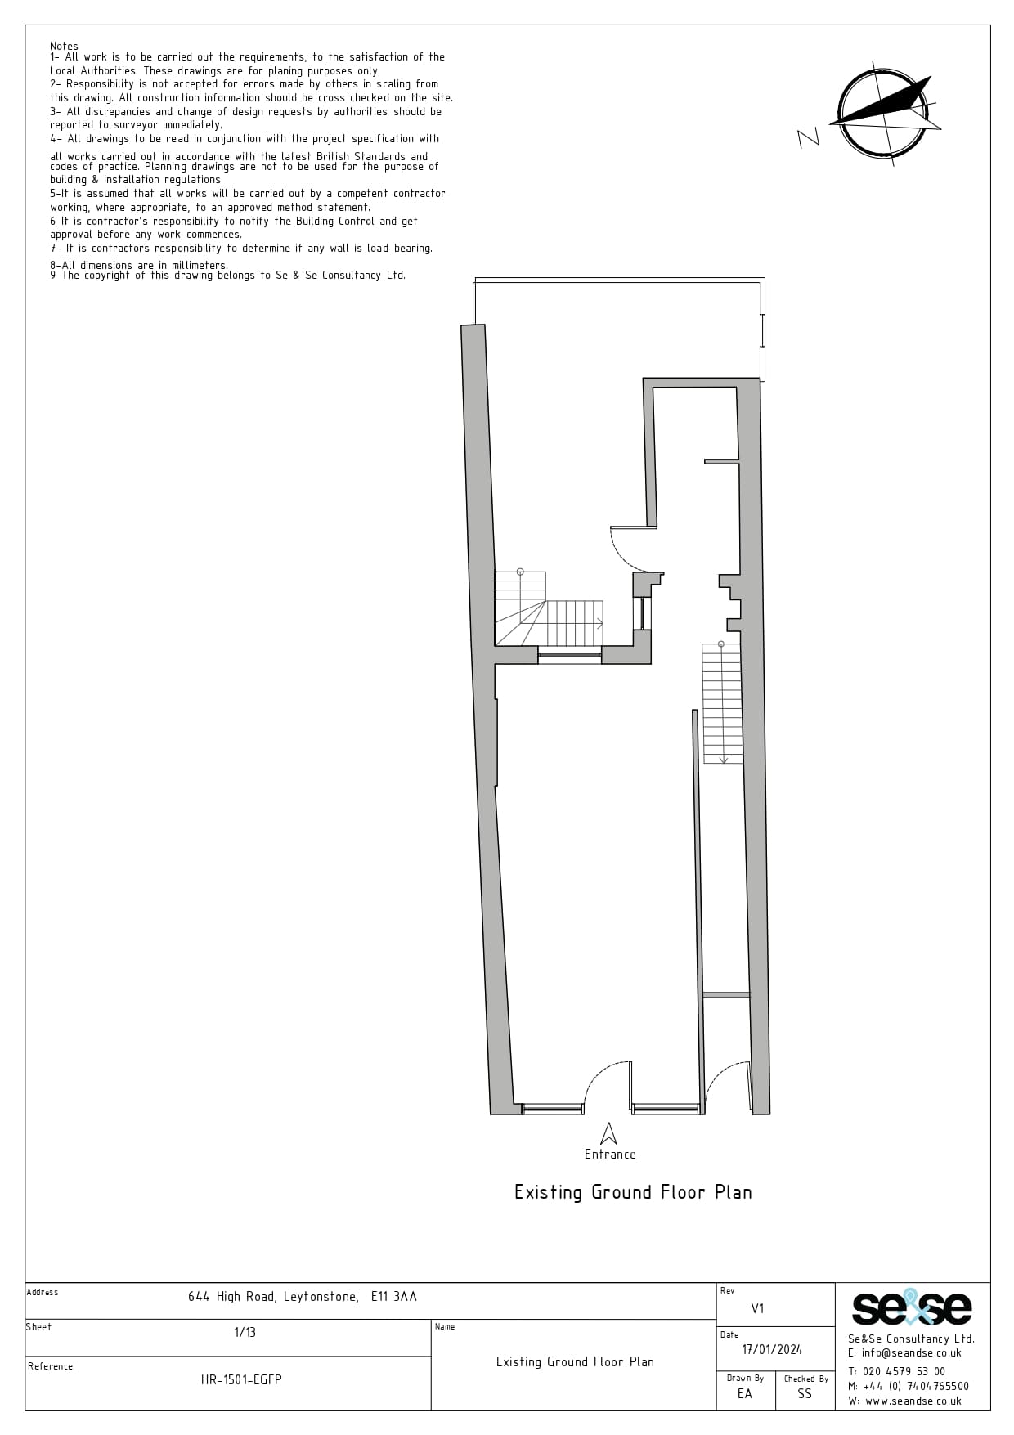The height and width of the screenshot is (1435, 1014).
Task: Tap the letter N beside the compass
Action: (x=808, y=137)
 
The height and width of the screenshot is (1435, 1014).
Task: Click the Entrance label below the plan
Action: (x=610, y=1154)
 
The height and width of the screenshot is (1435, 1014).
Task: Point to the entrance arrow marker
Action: (x=608, y=1132)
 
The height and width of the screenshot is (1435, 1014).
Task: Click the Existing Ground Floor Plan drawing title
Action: (x=633, y=1192)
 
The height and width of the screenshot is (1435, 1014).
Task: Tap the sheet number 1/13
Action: (x=245, y=1332)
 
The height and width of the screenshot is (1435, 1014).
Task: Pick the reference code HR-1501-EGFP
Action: (x=241, y=1379)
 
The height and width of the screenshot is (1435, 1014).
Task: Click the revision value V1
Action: (x=757, y=1308)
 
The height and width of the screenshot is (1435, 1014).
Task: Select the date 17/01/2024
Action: (x=772, y=1349)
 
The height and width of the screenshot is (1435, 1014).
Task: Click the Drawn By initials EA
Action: (x=744, y=1393)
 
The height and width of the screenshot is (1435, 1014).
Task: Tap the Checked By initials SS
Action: (x=805, y=1393)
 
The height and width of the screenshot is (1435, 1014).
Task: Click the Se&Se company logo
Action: (x=912, y=1307)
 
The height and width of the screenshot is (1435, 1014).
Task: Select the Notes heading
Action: (x=64, y=46)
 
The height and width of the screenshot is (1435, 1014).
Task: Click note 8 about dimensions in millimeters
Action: (x=139, y=265)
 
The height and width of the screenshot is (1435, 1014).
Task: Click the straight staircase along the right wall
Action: (x=723, y=703)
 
